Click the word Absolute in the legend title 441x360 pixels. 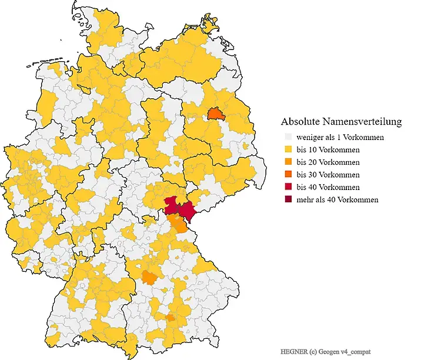(x=300, y=122)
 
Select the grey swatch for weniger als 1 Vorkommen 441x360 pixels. (x=287, y=137)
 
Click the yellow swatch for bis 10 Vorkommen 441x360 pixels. (x=287, y=149)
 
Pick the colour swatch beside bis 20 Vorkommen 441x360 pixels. (x=287, y=162)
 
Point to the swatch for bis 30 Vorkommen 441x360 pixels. (x=287, y=175)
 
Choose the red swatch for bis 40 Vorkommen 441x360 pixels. (x=287, y=187)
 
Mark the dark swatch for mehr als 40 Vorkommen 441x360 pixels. (x=287, y=199)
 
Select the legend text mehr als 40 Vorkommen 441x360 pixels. (x=338, y=199)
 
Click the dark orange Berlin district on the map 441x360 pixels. (x=216, y=113)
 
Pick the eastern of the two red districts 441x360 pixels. (x=188, y=211)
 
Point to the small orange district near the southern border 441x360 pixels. (x=171, y=318)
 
